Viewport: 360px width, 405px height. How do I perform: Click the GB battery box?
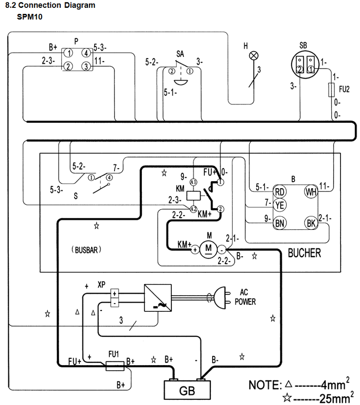pos(187,390)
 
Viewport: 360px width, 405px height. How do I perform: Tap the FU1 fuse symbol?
pos(115,366)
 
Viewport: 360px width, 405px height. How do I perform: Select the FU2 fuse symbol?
pos(331,90)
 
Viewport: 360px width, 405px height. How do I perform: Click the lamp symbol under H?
pos(253,56)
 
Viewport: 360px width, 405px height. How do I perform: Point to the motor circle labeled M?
pos(208,249)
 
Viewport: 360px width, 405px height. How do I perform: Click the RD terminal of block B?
pos(280,192)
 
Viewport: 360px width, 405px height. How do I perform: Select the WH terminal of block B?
pos(311,192)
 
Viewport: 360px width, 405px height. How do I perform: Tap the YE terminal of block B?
pos(279,205)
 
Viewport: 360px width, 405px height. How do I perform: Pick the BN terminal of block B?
pos(280,223)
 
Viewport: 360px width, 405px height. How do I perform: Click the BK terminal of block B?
pos(311,223)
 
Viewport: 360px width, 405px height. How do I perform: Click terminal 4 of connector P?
pos(86,53)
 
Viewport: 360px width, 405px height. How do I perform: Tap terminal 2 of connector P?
pos(68,66)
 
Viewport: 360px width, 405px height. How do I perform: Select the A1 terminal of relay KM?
pos(193,182)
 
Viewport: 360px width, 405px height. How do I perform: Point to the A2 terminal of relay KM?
pos(193,209)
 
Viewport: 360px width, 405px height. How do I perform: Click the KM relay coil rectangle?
pos(193,196)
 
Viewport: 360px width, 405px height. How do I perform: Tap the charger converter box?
pos(158,298)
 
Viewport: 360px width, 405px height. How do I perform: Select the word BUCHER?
pos(304,253)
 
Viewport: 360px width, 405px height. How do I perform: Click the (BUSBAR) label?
pos(86,250)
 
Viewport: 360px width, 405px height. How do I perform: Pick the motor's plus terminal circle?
pos(195,250)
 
